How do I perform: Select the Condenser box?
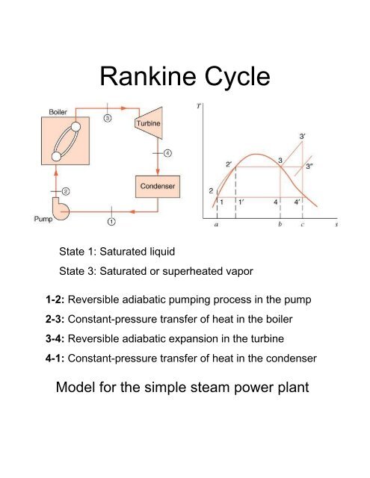pos(156,184)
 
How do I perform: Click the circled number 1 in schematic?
pos(111,221)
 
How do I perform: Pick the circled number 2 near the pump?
pos(66,192)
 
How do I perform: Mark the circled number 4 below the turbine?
pos(168,154)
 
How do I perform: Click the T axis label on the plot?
pos(197,105)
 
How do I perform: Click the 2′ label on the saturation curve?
pos(229,164)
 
